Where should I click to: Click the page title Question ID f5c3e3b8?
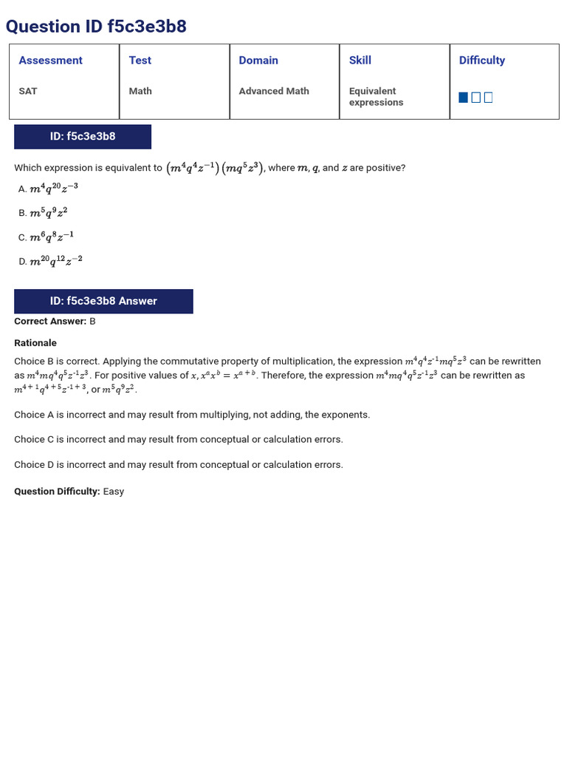click(96, 27)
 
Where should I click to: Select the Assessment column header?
click(50, 61)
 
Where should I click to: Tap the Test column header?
click(140, 61)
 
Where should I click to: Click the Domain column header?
click(258, 61)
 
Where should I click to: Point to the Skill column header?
click(360, 61)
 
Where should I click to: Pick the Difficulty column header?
click(481, 61)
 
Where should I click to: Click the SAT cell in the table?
click(28, 91)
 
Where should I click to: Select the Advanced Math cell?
click(274, 91)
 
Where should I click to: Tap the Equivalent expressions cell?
click(376, 97)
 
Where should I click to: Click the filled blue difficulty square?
click(463, 98)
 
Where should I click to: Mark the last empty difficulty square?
click(488, 98)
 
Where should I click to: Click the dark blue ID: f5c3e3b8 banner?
click(83, 137)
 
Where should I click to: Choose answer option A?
click(48, 189)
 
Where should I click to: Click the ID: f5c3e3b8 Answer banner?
click(103, 301)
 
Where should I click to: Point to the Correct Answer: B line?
click(55, 322)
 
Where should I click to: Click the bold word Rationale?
click(35, 343)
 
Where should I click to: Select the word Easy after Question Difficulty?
click(114, 492)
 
